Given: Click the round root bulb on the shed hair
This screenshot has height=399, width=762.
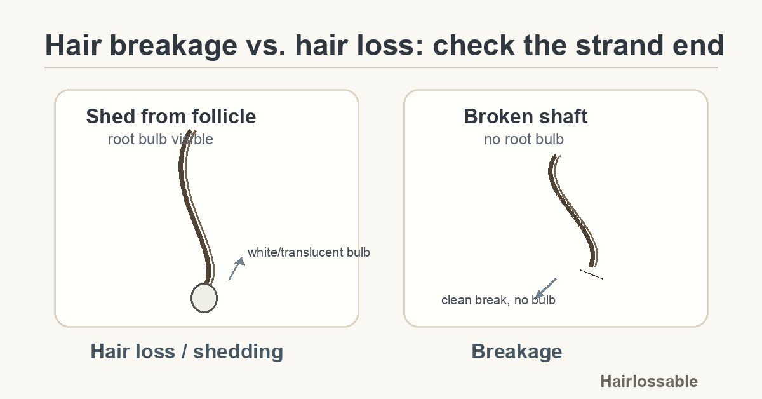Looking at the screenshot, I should [x=204, y=297].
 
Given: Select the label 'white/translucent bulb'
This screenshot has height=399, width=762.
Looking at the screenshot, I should [x=309, y=252].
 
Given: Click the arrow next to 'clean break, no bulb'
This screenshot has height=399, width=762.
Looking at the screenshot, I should [x=545, y=288].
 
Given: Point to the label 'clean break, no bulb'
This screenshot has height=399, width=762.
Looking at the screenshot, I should [x=498, y=300].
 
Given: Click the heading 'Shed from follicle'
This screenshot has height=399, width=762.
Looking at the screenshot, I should [x=171, y=116].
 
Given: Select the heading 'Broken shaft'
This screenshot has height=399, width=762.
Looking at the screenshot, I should [x=525, y=116].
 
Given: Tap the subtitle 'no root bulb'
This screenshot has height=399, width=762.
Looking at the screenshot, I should [x=523, y=139].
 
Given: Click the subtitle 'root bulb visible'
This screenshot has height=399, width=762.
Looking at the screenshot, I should [x=160, y=139].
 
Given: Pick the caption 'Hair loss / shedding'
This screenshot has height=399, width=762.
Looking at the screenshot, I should [x=187, y=351].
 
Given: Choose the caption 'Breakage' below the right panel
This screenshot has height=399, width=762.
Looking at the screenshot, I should [x=516, y=351].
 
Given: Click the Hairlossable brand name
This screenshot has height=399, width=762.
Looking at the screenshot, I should [x=648, y=381].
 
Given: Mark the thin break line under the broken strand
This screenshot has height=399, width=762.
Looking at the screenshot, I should [x=591, y=274].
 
